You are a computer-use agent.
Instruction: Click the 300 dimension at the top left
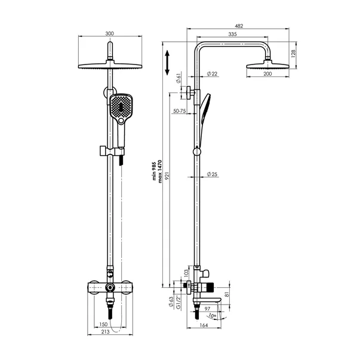coord(109,34)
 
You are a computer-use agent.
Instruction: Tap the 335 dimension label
coord(232,36)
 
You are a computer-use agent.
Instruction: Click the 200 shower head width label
coord(267,73)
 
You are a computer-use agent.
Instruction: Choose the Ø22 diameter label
coord(212,73)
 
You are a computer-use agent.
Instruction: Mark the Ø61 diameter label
coord(179,78)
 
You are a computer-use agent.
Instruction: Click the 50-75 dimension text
coord(179,111)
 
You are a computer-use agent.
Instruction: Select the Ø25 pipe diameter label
coord(212,174)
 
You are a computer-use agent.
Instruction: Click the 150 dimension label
coord(103,325)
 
